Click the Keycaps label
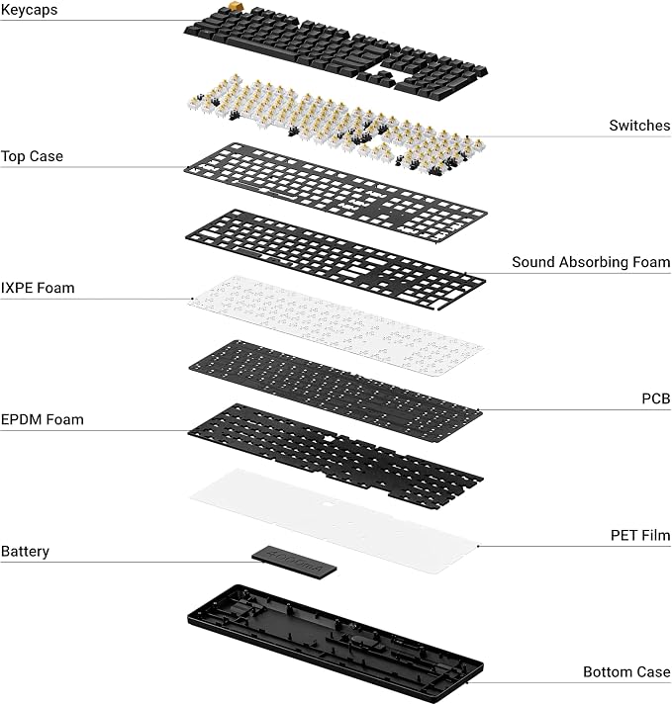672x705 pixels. click(30, 10)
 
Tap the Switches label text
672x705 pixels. click(639, 126)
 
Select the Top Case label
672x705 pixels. click(32, 156)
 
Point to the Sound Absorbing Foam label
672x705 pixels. click(591, 262)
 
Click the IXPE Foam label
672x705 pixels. click(38, 288)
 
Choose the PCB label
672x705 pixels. click(656, 398)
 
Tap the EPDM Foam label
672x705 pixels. click(43, 419)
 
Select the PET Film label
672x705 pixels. click(640, 536)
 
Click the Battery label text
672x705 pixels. click(25, 552)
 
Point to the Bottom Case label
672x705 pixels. click(626, 671)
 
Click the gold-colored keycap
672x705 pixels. click(235, 6)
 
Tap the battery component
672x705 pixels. click(294, 562)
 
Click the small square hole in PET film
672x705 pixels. click(330, 504)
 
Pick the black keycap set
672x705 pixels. click(336, 51)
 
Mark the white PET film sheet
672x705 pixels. click(334, 520)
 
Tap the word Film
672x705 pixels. click(656, 536)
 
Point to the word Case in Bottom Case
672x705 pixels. click(651, 671)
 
